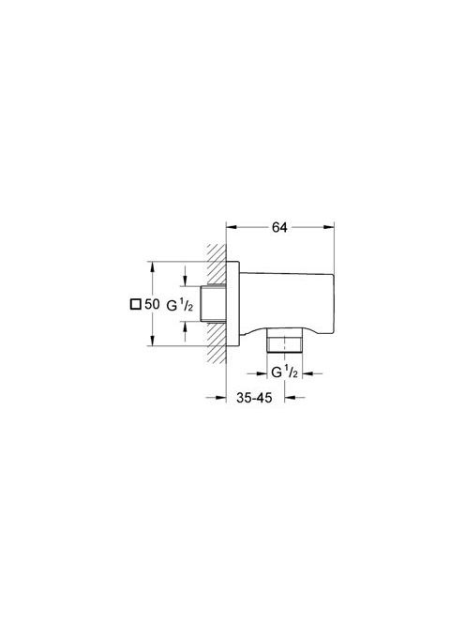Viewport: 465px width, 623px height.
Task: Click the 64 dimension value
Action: (x=279, y=227)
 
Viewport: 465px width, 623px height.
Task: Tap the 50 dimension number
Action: (x=152, y=304)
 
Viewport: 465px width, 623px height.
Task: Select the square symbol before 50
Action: (x=136, y=304)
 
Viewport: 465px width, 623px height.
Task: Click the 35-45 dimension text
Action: (x=254, y=397)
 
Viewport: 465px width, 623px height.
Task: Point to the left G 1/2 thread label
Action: (x=179, y=305)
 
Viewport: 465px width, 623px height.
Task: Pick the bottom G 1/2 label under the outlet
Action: (x=284, y=372)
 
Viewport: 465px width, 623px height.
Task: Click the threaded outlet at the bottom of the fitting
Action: (x=284, y=340)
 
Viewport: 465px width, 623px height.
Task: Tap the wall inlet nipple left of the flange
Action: (x=213, y=304)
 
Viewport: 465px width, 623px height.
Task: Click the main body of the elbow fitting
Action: (x=287, y=302)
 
